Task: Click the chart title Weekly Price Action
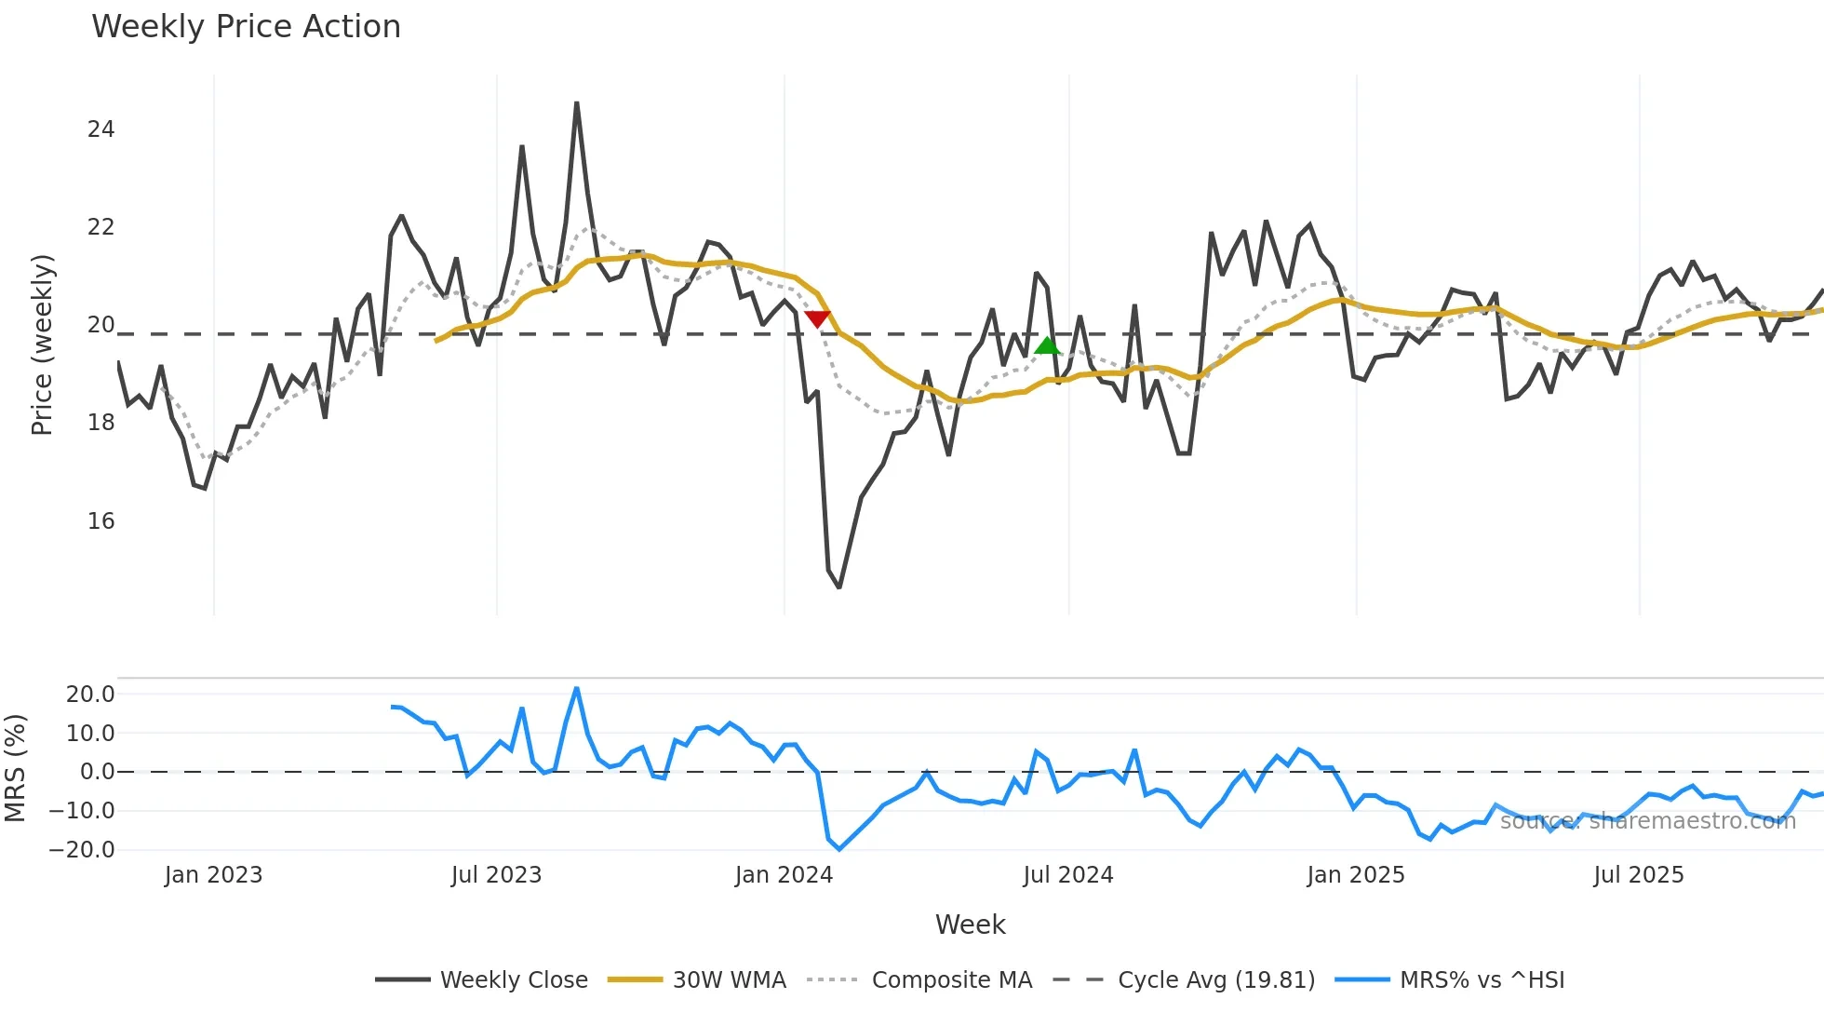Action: pyautogui.click(x=246, y=27)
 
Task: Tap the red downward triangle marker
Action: pyautogui.click(x=817, y=318)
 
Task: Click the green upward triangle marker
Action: pyautogui.click(x=1047, y=346)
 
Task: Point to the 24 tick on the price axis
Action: pyautogui.click(x=101, y=129)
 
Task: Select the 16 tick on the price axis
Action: pyautogui.click(x=101, y=521)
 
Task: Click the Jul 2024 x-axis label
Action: pyautogui.click(x=1067, y=875)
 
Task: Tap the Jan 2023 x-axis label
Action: pyautogui.click(x=213, y=875)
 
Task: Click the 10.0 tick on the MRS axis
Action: pyautogui.click(x=90, y=734)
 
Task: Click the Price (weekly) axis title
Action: pyautogui.click(x=42, y=344)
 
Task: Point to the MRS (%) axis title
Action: pyautogui.click(x=15, y=768)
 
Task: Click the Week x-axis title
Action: pyautogui.click(x=970, y=925)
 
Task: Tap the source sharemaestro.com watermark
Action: pyautogui.click(x=1647, y=821)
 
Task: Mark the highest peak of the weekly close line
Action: pyautogui.click(x=577, y=103)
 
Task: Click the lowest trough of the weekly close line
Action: pyautogui.click(x=839, y=587)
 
